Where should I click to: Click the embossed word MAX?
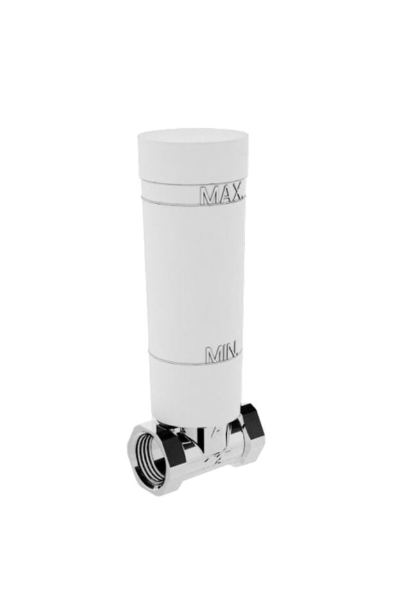[222, 195]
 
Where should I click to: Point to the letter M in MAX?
[209, 196]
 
